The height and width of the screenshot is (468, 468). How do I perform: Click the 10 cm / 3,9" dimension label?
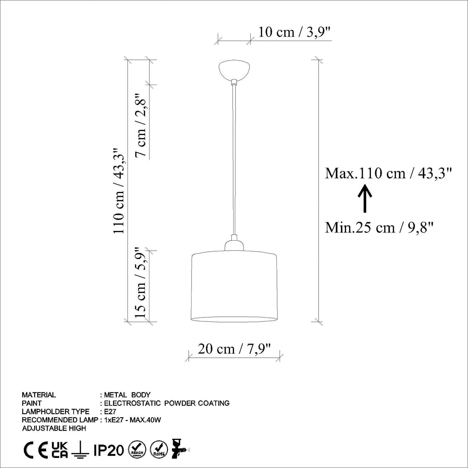coord(294,32)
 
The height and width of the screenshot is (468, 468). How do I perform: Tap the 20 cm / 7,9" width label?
coord(234,349)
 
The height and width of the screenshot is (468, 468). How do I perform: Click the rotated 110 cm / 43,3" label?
coord(119,191)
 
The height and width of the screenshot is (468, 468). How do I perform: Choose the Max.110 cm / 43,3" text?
coord(388,174)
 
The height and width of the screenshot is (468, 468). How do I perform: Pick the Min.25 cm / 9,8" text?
coord(379,227)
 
